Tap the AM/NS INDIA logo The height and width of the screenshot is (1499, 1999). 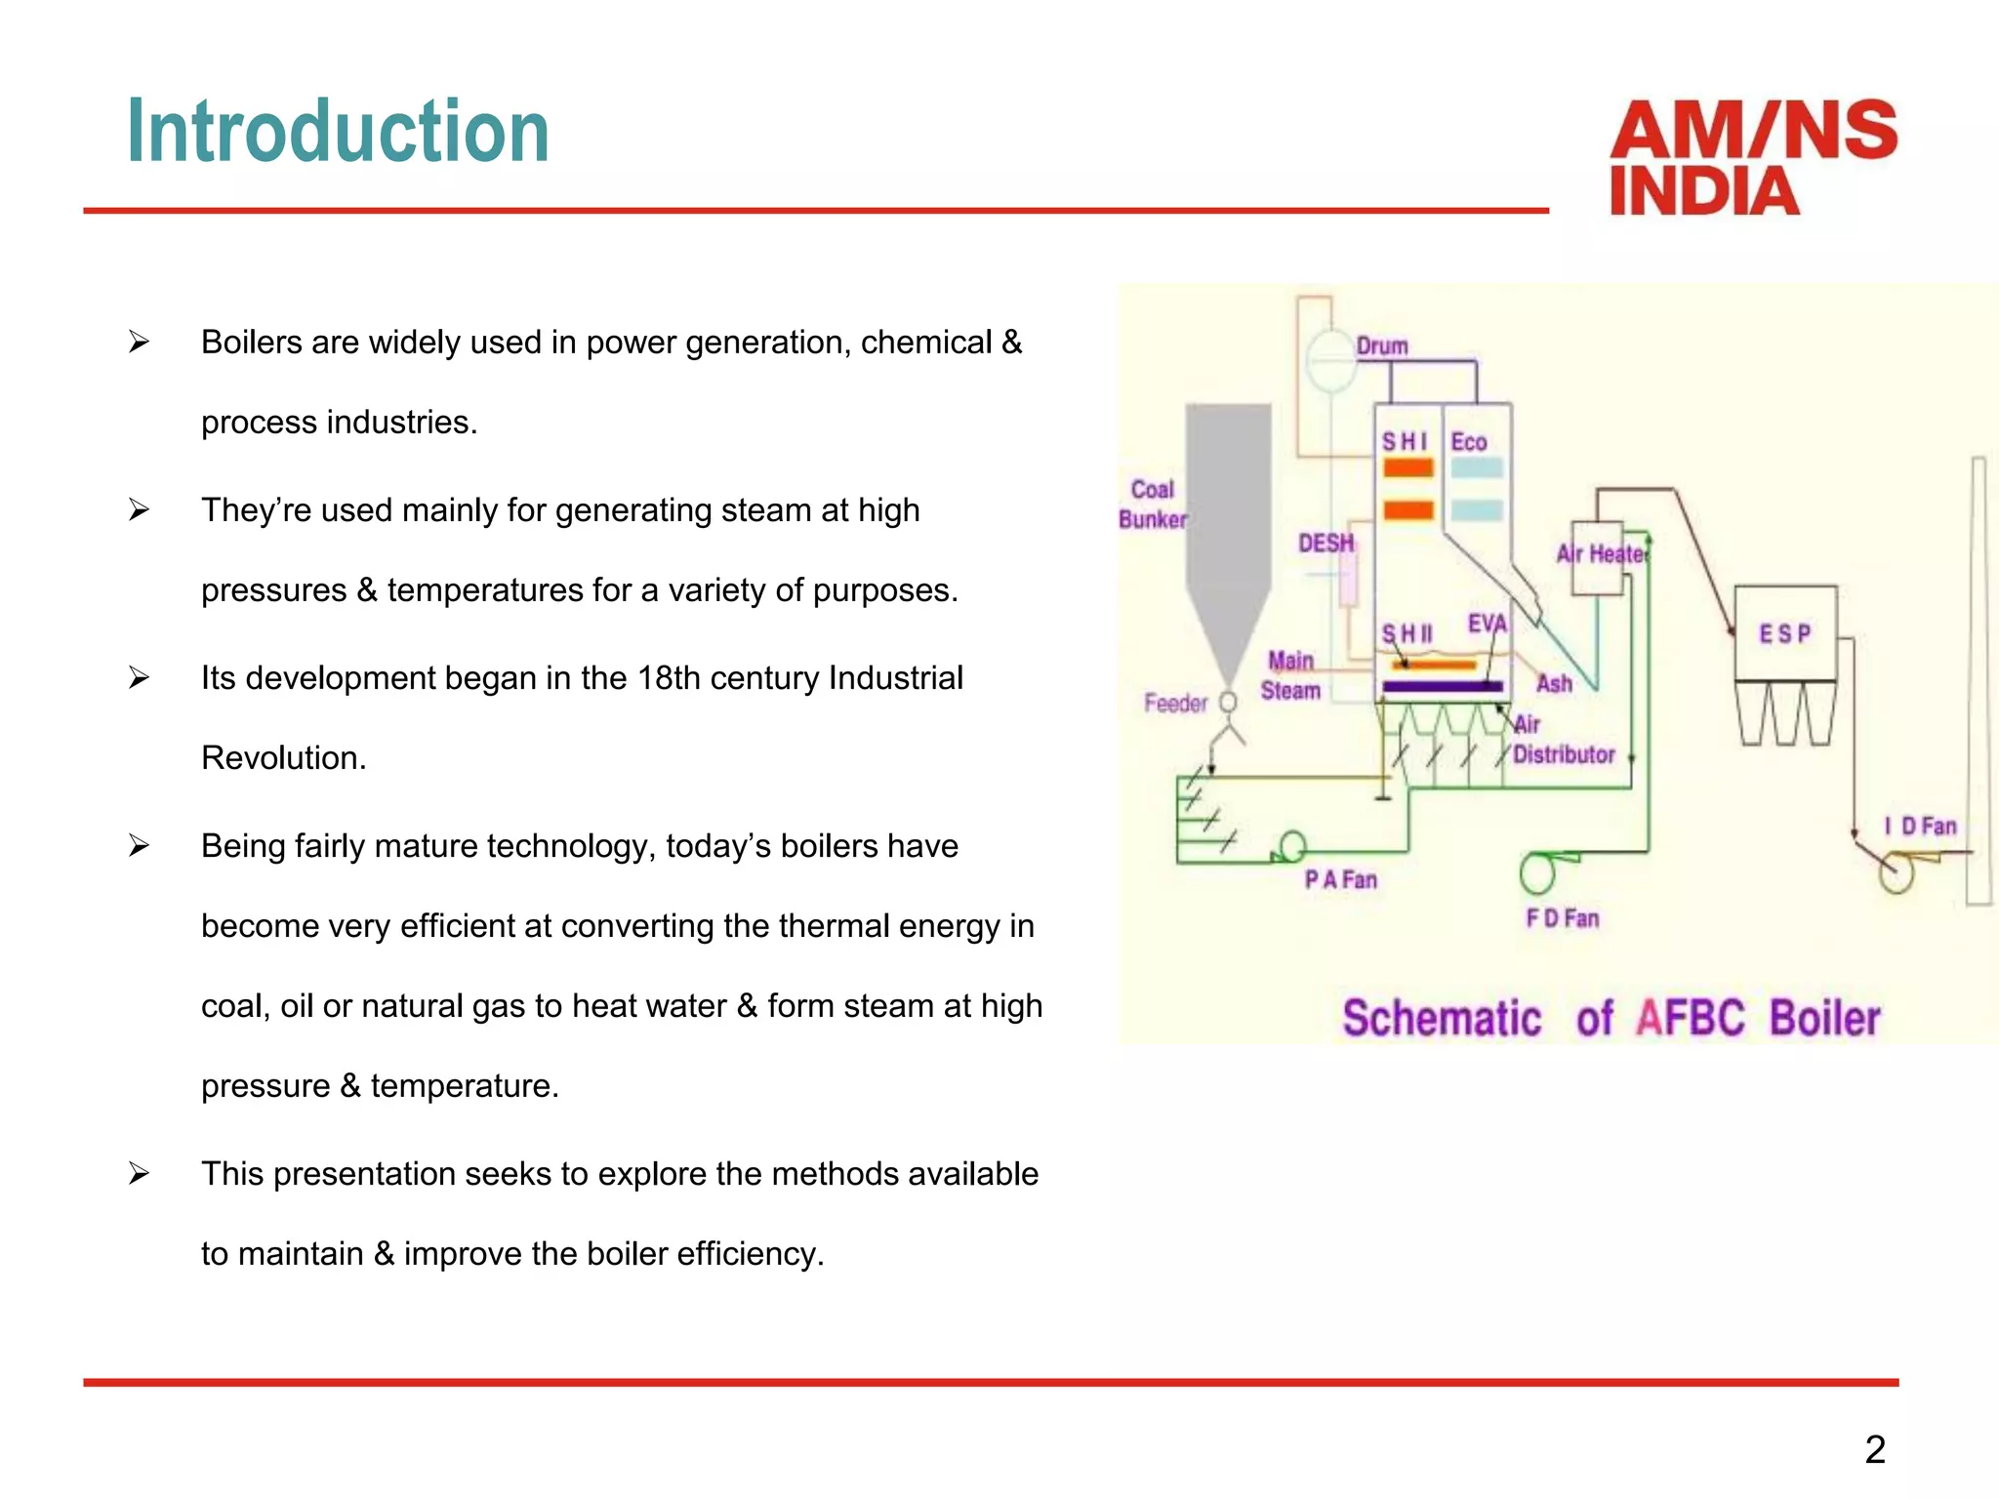click(x=1752, y=157)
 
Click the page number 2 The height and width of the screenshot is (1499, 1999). click(x=1874, y=1449)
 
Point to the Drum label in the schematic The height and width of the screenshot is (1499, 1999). click(x=1382, y=346)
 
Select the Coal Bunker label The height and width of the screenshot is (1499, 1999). click(x=1153, y=505)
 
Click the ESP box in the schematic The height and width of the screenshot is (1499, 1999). click(x=1785, y=633)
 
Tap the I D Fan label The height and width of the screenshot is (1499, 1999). click(x=1920, y=827)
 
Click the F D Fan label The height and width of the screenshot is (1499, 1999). click(x=1562, y=918)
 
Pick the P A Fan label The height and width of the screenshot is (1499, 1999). click(x=1340, y=880)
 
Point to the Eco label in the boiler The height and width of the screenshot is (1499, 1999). click(x=1468, y=442)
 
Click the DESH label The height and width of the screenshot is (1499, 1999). click(x=1326, y=544)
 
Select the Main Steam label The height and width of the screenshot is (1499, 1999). click(x=1290, y=675)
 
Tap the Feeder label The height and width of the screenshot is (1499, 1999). click(x=1175, y=703)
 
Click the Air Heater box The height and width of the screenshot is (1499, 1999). click(x=1598, y=556)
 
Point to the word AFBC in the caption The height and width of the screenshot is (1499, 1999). click(x=1690, y=1018)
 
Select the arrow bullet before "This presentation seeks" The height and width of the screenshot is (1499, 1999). click(x=139, y=1174)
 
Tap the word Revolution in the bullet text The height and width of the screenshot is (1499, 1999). click(x=283, y=758)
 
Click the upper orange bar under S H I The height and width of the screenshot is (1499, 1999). click(x=1407, y=468)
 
